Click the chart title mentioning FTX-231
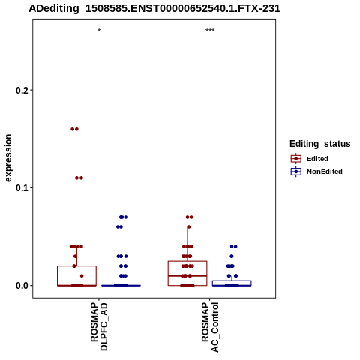click(154, 8)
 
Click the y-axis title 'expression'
click(8, 158)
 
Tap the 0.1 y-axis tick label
click(22, 187)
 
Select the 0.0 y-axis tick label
click(22, 285)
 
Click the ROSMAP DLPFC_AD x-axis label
click(99, 326)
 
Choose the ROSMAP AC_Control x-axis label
click(210, 327)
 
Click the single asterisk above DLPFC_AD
click(99, 31)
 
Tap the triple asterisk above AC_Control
click(210, 31)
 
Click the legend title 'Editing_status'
click(320, 144)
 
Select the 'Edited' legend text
click(317, 159)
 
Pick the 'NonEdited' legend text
click(325, 172)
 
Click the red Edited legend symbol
click(296, 159)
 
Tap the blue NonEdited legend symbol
click(296, 172)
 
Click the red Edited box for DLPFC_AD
click(76, 266)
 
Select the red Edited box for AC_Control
click(187, 261)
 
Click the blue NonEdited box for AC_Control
click(232, 280)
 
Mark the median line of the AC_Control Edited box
click(187, 276)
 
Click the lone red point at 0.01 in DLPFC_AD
click(82, 276)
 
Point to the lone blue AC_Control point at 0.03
click(232, 256)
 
